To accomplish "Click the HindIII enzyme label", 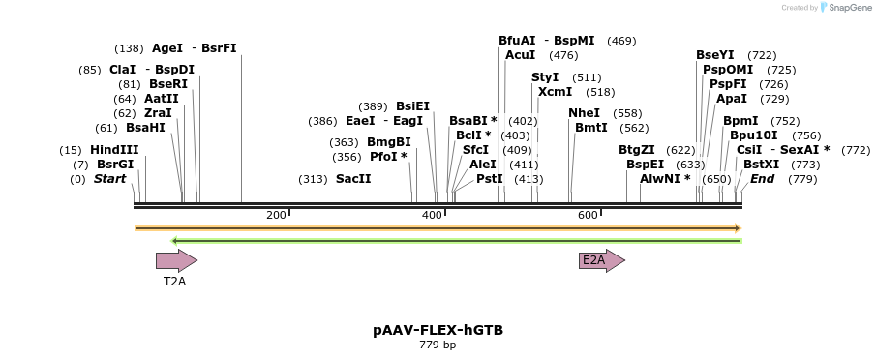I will tap(114, 150).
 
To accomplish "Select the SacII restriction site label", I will tap(352, 179).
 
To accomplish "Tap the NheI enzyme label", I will tap(584, 113).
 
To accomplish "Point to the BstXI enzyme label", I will tap(761, 165).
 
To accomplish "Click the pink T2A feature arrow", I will tap(176, 259).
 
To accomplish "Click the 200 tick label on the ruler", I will tap(276, 214).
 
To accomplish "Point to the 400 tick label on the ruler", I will tap(432, 214).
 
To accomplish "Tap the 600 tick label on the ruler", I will tap(588, 214).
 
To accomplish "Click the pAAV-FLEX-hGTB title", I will tap(438, 330).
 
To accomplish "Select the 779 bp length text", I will tap(438, 345).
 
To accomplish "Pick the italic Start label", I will tap(109, 179).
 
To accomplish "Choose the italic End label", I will tap(762, 179).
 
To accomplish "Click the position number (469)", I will tap(621, 41).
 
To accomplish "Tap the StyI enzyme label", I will tap(545, 77).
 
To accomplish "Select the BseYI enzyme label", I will tap(714, 55).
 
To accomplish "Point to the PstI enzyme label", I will tap(489, 179).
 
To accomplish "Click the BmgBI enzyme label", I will tap(388, 142).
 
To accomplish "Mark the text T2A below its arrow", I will tap(174, 282).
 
